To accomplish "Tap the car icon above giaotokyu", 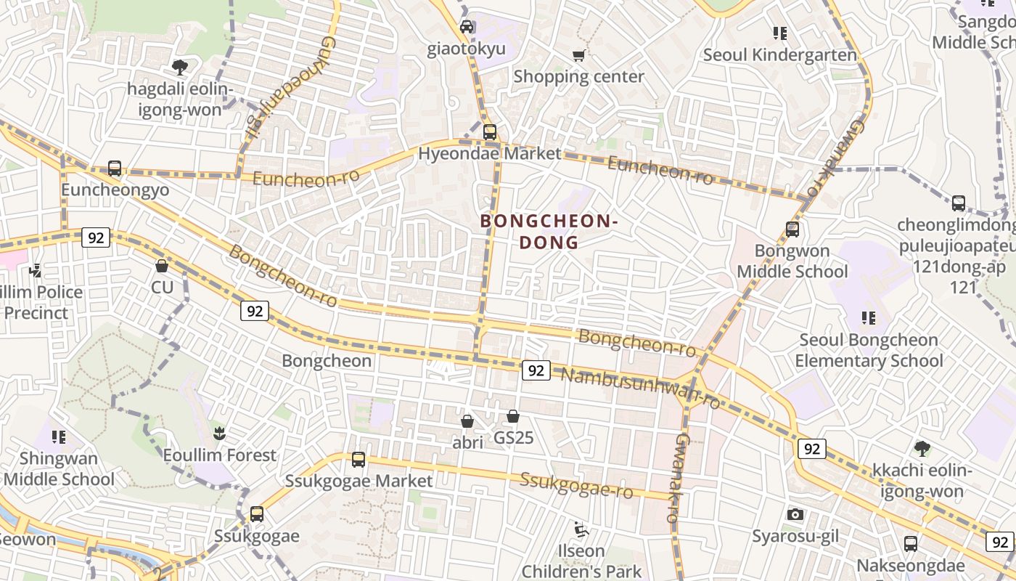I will [467, 28].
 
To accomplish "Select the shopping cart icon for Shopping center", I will [578, 55].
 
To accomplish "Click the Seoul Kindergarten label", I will [779, 55].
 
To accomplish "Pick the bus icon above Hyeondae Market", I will [490, 132].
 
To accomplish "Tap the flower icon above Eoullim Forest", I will [218, 434].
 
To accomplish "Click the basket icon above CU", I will [162, 267].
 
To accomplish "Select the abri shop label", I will [467, 442].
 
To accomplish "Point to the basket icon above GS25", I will [513, 417].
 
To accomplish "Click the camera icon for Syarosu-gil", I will [795, 515].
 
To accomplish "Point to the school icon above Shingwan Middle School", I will [59, 437].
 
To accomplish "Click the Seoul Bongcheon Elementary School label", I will [869, 350].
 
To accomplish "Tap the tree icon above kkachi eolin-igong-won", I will [922, 449].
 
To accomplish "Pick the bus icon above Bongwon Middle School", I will [792, 230].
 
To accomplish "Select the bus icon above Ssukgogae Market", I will [359, 460].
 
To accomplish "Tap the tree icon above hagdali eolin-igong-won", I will [180, 68].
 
